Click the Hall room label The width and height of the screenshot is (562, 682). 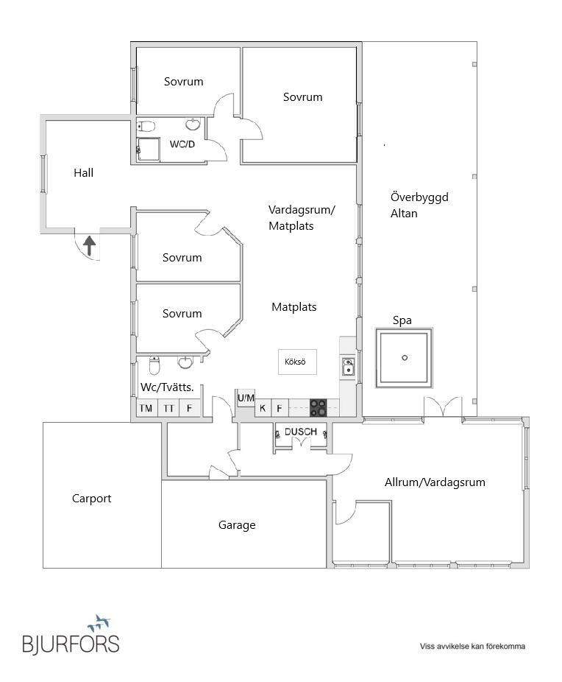click(84, 173)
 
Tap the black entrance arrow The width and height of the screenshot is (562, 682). click(89, 245)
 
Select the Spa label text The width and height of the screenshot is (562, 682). click(402, 320)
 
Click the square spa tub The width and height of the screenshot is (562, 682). click(404, 358)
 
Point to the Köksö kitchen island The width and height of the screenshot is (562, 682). click(297, 362)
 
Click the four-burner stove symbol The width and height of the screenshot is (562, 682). click(318, 407)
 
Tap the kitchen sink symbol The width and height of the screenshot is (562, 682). click(348, 365)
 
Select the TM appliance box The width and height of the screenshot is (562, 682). click(146, 408)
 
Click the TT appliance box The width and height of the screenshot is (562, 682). click(168, 408)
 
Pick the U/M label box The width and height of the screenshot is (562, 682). click(246, 398)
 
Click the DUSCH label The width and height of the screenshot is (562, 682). click(301, 432)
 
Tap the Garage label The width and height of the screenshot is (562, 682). click(237, 525)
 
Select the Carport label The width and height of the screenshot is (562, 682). click(92, 499)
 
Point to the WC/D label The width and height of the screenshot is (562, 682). click(182, 144)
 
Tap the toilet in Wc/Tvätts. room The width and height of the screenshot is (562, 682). click(154, 365)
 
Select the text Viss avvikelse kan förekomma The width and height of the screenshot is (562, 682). click(472, 647)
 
